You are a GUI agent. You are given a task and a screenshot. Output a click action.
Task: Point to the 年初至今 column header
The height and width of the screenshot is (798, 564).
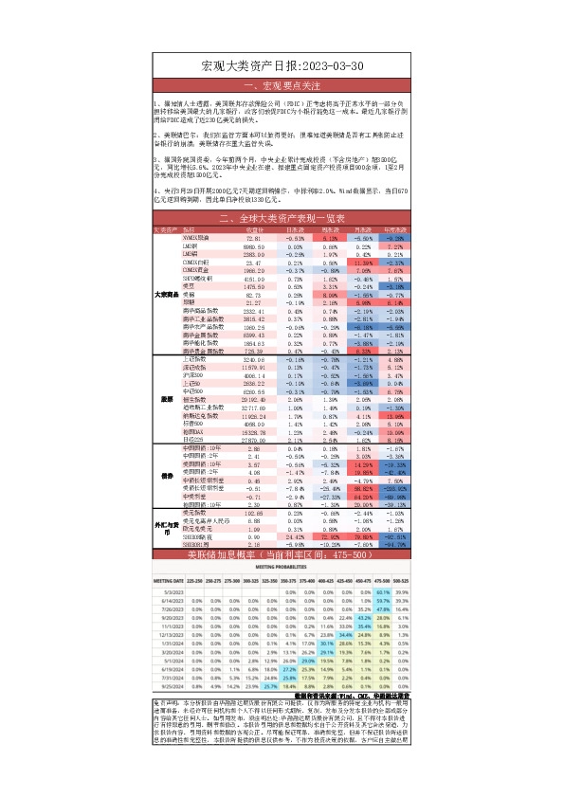(395, 229)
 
